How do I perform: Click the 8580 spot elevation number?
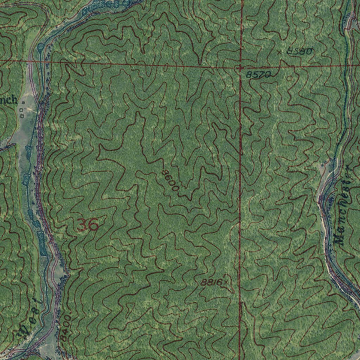[x=300, y=51]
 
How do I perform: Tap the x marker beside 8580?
[x=279, y=52]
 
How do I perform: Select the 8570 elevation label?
[x=258, y=75]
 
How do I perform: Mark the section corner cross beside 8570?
[x=240, y=66]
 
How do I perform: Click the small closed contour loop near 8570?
[x=290, y=78]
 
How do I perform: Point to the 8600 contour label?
[x=171, y=180]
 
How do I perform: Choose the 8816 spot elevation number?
[x=212, y=282]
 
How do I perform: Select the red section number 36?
[x=87, y=225]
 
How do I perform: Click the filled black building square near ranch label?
[x=23, y=103]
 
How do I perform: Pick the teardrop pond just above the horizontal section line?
[x=40, y=47]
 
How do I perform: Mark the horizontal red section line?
[x=141, y=64]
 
